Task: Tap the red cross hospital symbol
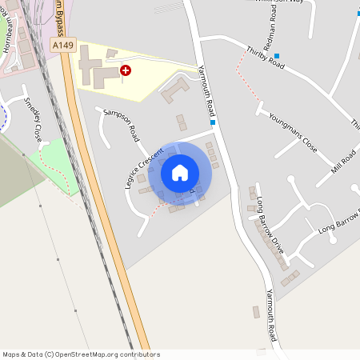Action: [126, 70]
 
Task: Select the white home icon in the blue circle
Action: [180, 172]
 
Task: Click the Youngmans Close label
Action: [293, 132]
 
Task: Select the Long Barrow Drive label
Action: [271, 231]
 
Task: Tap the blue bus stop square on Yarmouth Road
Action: [214, 123]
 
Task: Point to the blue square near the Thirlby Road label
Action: [277, 56]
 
